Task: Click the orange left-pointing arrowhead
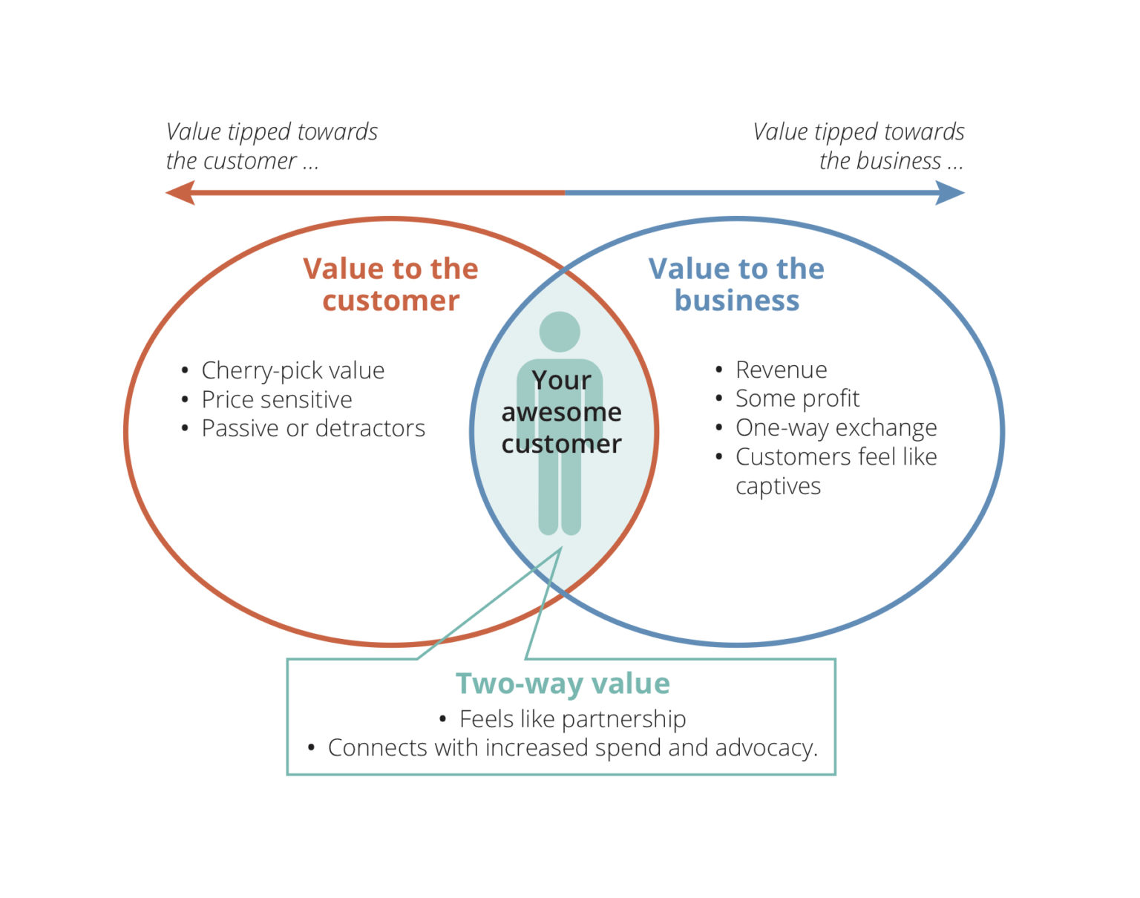point(180,194)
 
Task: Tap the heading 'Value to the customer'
point(390,284)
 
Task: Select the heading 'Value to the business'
point(736,284)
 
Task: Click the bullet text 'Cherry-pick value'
point(292,370)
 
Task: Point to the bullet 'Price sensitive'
point(276,399)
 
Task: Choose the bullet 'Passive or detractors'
point(312,428)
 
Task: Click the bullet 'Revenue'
point(781,370)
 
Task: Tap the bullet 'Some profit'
point(797,399)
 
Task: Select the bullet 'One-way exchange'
point(836,428)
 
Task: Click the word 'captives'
point(778,486)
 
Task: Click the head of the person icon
point(560,332)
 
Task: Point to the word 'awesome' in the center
point(561,412)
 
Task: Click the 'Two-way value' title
point(563,684)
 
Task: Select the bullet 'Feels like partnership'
point(572,719)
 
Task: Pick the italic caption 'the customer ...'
point(242,161)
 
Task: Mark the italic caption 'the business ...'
point(891,161)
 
